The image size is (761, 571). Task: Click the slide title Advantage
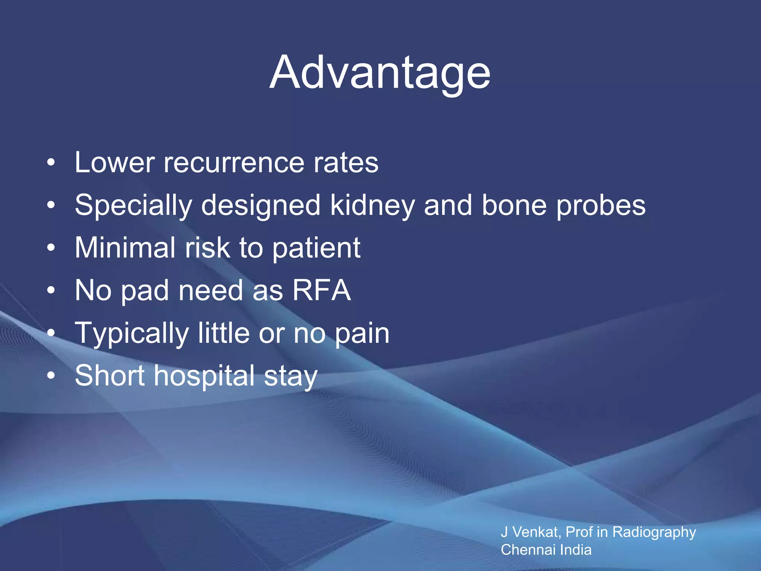pos(380,73)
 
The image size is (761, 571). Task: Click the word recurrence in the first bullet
pos(234,163)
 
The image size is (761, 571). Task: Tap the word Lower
pos(114,163)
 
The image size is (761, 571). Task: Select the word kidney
pos(372,206)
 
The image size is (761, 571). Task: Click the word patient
pos(316,248)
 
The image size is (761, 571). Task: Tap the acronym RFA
pos(321,290)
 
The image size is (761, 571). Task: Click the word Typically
pos(132,333)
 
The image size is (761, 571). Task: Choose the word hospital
pos(204,376)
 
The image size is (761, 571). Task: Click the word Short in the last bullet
pos(110,375)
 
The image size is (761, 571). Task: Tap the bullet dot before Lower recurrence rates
pos(51,162)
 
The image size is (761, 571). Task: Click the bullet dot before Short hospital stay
pos(51,375)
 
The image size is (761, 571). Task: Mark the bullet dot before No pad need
pos(51,290)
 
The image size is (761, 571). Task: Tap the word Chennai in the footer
pos(528,550)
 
